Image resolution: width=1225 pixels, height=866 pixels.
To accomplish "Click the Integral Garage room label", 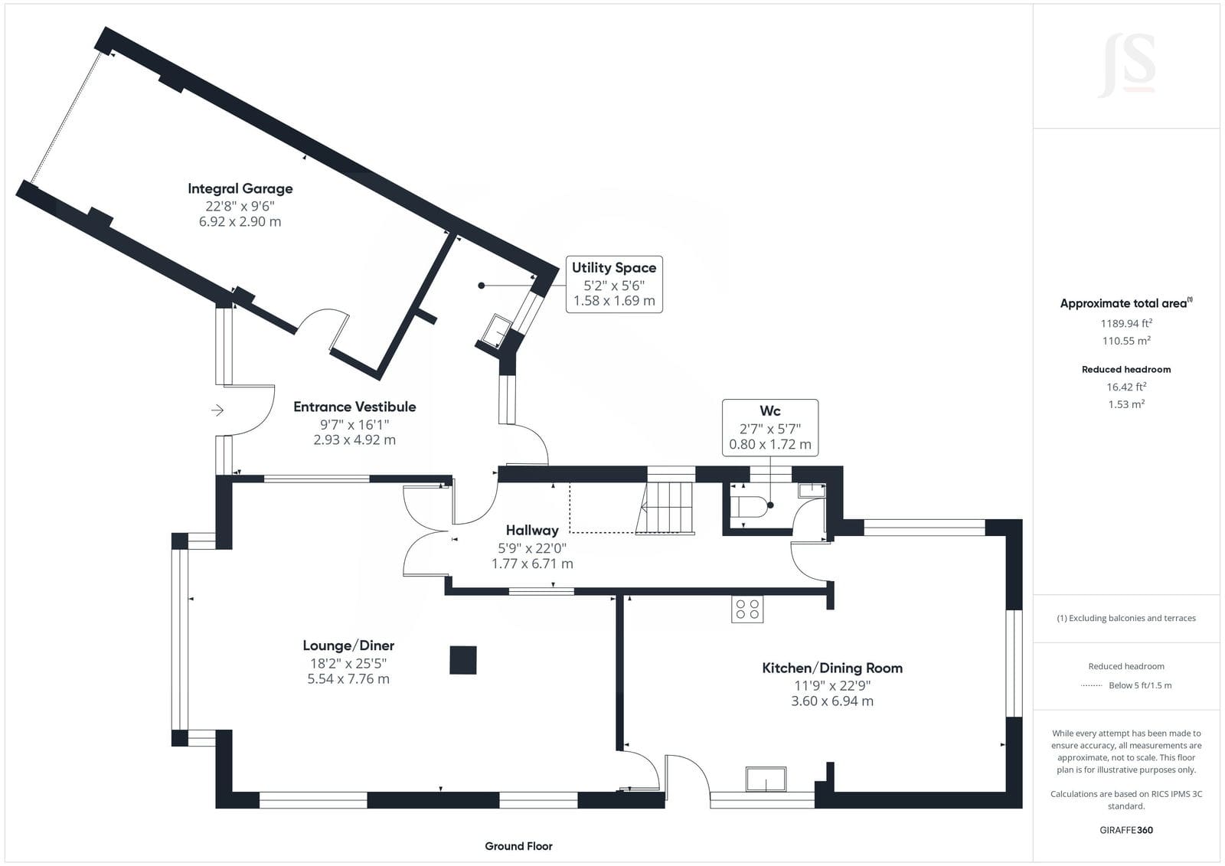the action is pyautogui.click(x=240, y=188).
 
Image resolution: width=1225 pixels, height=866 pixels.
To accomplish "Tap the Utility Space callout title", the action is pyautogui.click(x=613, y=267).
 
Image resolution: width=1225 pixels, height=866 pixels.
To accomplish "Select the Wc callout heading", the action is pyautogui.click(x=769, y=410).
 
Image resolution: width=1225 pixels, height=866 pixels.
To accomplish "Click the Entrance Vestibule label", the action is pyautogui.click(x=354, y=407).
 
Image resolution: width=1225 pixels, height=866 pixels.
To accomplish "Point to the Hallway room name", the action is pyautogui.click(x=531, y=530).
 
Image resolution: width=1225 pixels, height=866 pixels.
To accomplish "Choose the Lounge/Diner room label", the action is pyautogui.click(x=348, y=645).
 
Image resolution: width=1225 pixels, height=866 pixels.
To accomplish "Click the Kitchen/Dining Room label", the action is pyautogui.click(x=831, y=668).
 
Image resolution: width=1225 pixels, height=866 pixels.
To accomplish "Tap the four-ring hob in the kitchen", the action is pyautogui.click(x=747, y=609).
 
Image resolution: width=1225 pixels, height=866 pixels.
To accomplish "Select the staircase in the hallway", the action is pyautogui.click(x=665, y=508).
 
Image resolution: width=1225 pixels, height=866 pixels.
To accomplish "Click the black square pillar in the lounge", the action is pyautogui.click(x=462, y=660).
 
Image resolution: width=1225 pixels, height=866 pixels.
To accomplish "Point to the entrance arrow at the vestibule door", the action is pyautogui.click(x=217, y=410).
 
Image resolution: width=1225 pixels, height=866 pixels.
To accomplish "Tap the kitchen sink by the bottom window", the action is pyautogui.click(x=766, y=779).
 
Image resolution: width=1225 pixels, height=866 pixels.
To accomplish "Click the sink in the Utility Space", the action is pyautogui.click(x=497, y=331).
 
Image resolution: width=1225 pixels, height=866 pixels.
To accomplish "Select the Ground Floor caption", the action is pyautogui.click(x=518, y=846).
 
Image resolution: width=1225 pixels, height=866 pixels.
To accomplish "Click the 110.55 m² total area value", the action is pyautogui.click(x=1126, y=340).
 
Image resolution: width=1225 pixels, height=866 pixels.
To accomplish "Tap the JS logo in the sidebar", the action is pyautogui.click(x=1126, y=66).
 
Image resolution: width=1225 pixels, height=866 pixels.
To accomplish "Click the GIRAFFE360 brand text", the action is pyautogui.click(x=1126, y=830).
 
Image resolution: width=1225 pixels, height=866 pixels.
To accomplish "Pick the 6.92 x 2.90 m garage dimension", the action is pyautogui.click(x=240, y=221).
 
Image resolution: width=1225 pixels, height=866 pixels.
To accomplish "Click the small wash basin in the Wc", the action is pyautogui.click(x=812, y=489).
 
